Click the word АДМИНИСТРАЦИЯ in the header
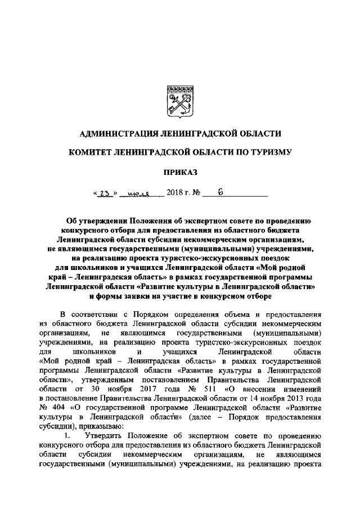coord(115,133)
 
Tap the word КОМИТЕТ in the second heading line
coord(91,152)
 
